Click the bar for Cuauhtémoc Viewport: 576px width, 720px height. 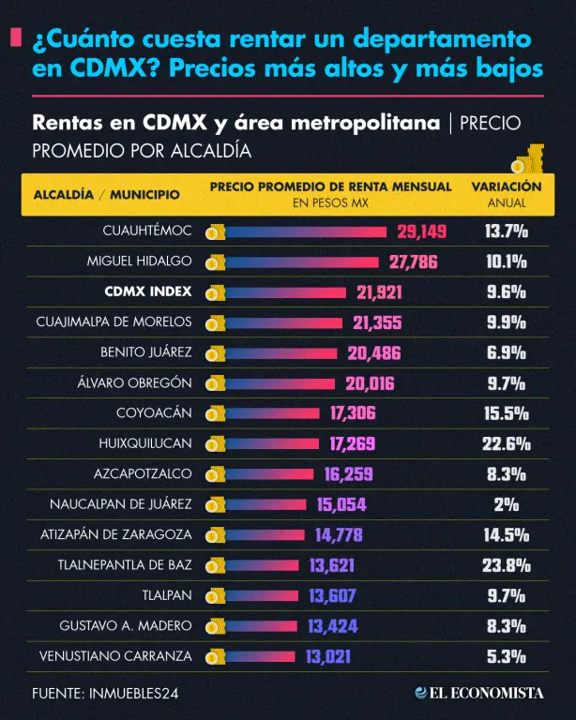point(306,232)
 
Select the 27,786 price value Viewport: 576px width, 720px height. point(414,262)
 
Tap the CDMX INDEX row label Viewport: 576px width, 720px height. point(148,292)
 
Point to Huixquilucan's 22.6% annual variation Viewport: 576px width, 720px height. point(507,444)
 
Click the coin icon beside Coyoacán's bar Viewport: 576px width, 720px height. point(215,413)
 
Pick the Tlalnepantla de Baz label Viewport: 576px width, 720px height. point(125,564)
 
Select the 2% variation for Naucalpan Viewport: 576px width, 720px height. point(507,504)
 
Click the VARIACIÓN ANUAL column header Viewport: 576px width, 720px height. point(507,194)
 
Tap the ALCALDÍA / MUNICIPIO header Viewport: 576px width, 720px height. point(107,195)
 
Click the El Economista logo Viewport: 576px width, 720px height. point(479,693)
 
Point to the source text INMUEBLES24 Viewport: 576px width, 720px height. point(133,694)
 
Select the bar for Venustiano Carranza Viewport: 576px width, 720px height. point(260,656)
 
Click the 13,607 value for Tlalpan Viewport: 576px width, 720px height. point(332,596)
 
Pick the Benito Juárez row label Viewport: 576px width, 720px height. point(146,352)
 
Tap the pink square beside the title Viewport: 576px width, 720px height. point(16,37)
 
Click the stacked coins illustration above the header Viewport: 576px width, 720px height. point(529,158)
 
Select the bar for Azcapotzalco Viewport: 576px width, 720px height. point(268,474)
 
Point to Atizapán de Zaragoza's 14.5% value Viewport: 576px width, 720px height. point(507,535)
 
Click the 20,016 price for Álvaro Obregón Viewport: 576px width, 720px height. point(370,383)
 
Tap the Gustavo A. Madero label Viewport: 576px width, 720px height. point(126,626)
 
